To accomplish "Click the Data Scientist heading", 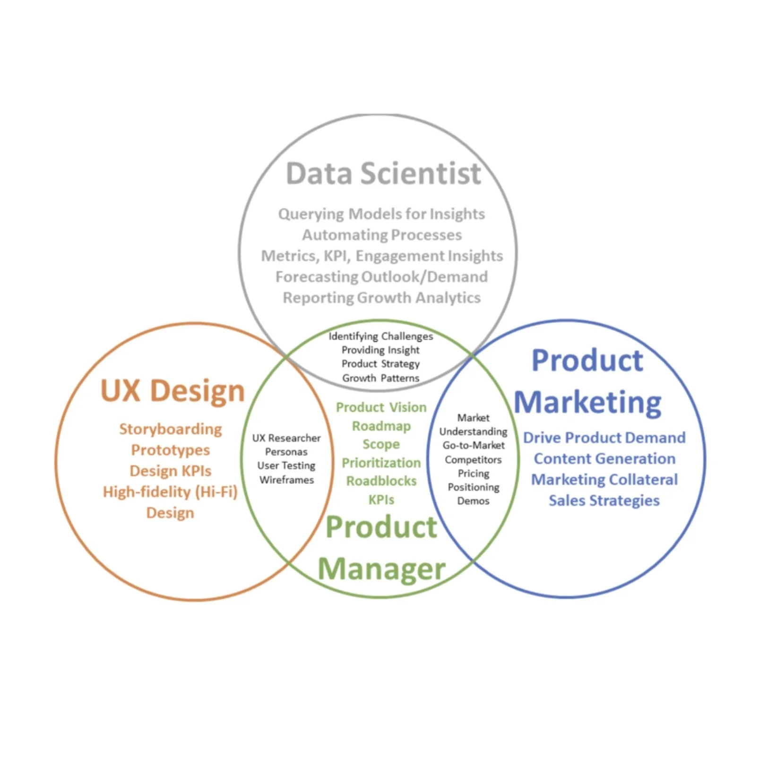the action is tap(383, 173).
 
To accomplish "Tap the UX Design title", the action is tap(173, 391).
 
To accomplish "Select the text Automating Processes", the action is tap(382, 235).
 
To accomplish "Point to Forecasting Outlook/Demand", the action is tap(381, 276).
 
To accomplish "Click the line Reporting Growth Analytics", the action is tap(381, 298).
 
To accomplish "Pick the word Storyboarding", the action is tap(170, 429).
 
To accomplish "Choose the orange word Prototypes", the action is tap(170, 450).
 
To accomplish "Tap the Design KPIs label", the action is tap(170, 471).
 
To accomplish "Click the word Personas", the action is tap(286, 452).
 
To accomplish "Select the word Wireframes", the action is tap(286, 480).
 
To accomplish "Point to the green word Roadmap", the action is tap(381, 426).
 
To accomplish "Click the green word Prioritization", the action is tap(381, 463).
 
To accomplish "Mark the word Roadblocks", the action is tap(381, 481).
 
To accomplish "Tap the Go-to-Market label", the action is tap(473, 445).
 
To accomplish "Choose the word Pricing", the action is tap(473, 473).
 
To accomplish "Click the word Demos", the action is tap(473, 501).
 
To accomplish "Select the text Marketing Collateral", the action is tap(604, 480).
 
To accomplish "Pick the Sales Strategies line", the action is tap(604, 500).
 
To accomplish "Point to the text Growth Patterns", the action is tap(380, 378).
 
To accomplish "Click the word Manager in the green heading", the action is tap(381, 569).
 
